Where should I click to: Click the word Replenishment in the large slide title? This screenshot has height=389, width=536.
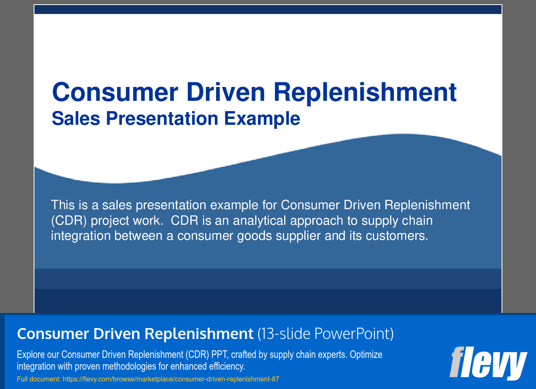(365, 93)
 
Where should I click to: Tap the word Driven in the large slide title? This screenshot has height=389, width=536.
(226, 92)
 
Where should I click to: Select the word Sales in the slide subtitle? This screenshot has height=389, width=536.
(76, 118)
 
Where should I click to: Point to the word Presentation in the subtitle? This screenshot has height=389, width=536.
(162, 118)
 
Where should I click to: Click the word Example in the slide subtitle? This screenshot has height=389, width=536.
(262, 118)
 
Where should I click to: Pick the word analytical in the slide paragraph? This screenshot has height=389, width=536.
(259, 221)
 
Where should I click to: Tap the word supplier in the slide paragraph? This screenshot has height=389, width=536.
(298, 236)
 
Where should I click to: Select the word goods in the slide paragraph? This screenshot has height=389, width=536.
(254, 236)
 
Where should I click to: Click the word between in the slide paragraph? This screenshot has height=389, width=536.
(138, 236)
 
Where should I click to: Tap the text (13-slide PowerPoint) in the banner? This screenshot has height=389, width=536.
(325, 334)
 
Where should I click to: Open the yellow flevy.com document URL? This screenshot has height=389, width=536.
(171, 379)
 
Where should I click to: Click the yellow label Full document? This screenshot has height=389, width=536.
(39, 379)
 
